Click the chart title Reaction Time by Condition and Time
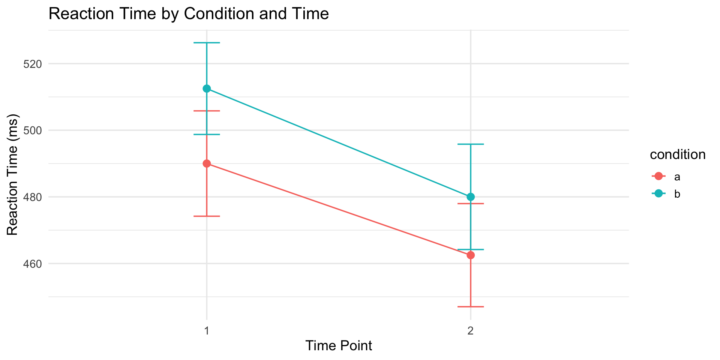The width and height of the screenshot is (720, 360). point(189,14)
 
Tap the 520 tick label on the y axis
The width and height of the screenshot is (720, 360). point(33,64)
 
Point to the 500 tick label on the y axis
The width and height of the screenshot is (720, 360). point(33,130)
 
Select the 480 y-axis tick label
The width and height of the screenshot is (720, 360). point(33,197)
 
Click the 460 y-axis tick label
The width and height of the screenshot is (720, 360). point(33,264)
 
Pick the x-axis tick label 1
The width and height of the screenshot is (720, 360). point(207,331)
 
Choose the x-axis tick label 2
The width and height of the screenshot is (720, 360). point(471,331)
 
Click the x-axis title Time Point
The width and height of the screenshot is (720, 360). point(339,346)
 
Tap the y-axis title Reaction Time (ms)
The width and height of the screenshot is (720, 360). point(13,174)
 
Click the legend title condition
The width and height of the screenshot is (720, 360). point(678,154)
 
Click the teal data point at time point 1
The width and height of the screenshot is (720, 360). point(207,88)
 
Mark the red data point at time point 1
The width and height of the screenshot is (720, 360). point(207,163)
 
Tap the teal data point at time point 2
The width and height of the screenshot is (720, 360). point(471,197)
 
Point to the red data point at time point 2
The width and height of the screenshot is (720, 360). point(471,255)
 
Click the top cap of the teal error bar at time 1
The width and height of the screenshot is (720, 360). point(207,43)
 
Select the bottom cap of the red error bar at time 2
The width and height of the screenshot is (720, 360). point(471,307)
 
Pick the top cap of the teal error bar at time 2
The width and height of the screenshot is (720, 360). point(471,144)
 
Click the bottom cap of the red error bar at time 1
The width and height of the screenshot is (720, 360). point(207,216)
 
